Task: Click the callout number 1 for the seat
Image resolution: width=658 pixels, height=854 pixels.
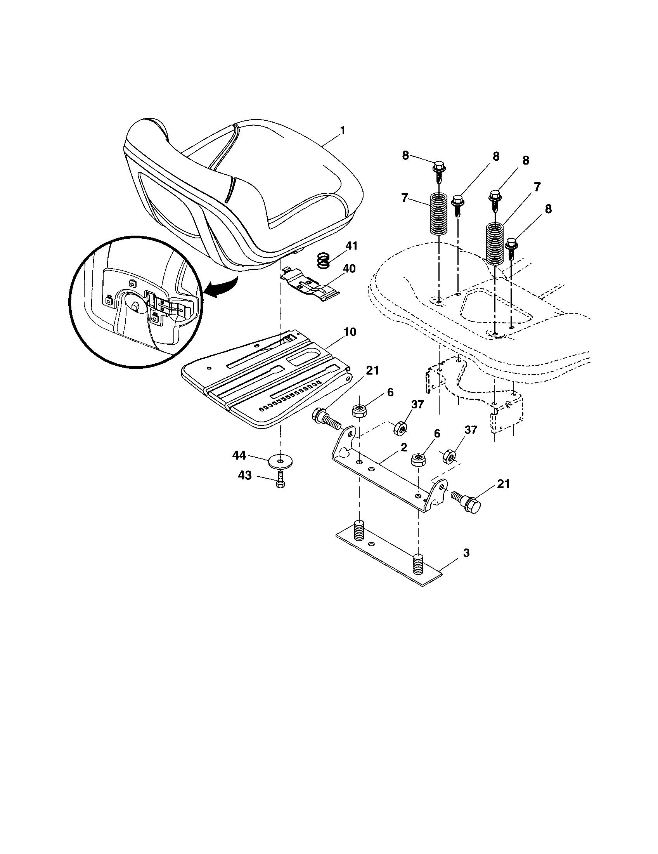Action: (x=342, y=130)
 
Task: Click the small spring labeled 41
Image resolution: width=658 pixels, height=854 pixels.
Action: (x=323, y=261)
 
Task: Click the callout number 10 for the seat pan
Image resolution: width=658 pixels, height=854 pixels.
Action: (x=350, y=332)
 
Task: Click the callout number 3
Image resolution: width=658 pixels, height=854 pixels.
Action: (x=466, y=553)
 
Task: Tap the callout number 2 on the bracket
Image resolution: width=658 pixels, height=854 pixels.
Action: (x=403, y=447)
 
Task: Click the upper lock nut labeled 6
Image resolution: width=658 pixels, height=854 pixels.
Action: (x=359, y=411)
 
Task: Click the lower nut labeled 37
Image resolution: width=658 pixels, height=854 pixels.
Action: (x=448, y=456)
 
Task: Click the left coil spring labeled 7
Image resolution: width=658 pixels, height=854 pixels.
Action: (x=439, y=215)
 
